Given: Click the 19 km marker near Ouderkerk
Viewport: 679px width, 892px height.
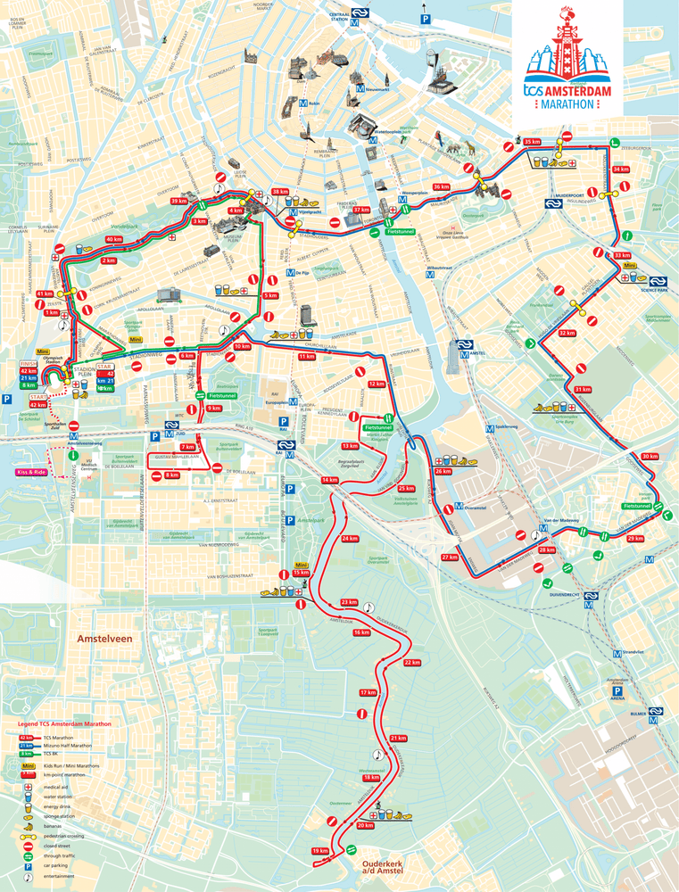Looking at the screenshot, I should pos(319,851).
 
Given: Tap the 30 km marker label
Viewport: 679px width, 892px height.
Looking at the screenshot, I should pos(650,456).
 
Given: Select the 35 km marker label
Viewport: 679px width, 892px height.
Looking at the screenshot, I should pos(533,143).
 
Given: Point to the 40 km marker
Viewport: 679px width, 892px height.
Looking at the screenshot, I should pos(114,239).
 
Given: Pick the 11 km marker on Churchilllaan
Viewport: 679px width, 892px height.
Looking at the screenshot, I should pos(307,356).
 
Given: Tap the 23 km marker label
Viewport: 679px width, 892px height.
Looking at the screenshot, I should pos(349,602).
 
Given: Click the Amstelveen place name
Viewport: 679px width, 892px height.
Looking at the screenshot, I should pos(104,640).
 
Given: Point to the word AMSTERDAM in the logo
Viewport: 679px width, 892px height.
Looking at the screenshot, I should pos(578,91).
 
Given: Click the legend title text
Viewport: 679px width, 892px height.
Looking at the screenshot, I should pos(64,723).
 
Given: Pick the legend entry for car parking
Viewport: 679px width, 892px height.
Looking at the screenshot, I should pos(54,865).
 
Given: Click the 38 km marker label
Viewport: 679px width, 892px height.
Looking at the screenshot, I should pos(280,192).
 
